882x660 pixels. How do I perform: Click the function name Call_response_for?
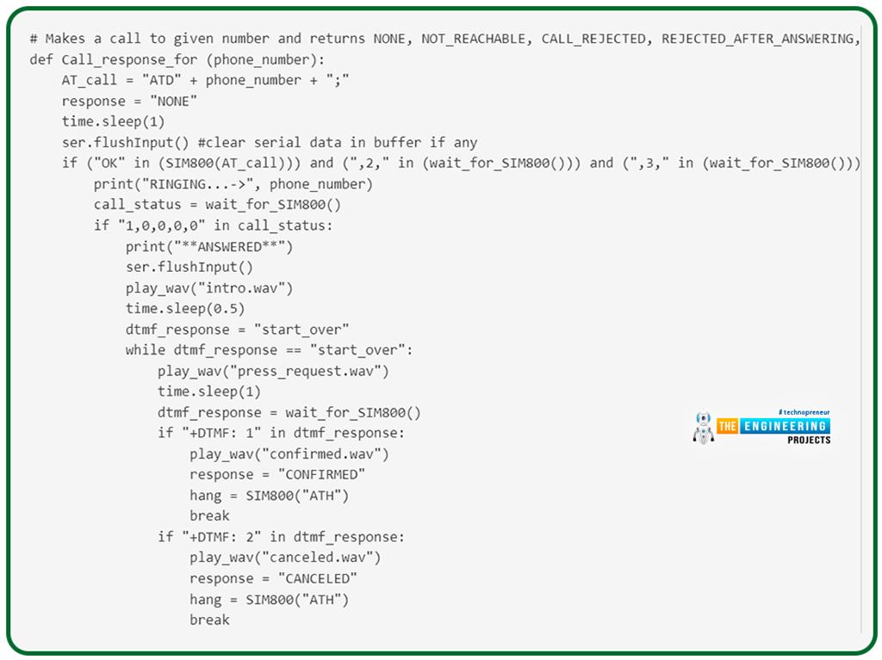coord(129,59)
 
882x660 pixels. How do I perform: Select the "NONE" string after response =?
coord(173,102)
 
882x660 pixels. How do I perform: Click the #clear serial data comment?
coord(338,143)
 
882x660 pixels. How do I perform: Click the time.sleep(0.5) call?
coord(185,309)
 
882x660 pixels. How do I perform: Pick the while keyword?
coord(145,350)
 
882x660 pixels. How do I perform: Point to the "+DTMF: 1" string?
coord(221,433)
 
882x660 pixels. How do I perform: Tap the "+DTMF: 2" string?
coord(221,537)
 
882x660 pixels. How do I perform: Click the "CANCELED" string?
coord(318,578)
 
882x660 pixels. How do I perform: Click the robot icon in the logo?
coord(703,428)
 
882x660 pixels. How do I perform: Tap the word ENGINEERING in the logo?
coord(786,426)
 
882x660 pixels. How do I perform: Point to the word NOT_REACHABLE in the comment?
coord(474,39)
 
